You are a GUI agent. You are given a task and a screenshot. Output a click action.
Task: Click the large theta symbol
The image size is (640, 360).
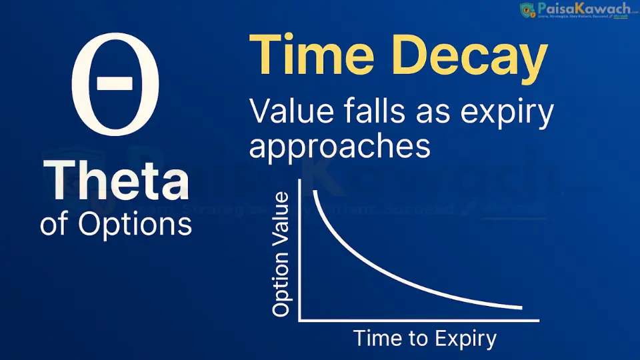click(x=115, y=84)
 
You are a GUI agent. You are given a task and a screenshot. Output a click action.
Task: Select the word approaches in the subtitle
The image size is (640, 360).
click(x=339, y=146)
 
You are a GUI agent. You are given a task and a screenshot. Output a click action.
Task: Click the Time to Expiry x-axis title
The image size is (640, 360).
click(x=425, y=338)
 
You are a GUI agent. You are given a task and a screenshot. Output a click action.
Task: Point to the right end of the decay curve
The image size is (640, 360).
click(x=521, y=307)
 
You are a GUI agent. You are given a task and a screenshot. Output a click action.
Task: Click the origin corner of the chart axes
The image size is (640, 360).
click(x=300, y=320)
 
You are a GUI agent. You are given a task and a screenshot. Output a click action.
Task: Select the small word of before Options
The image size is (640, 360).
click(x=54, y=223)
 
